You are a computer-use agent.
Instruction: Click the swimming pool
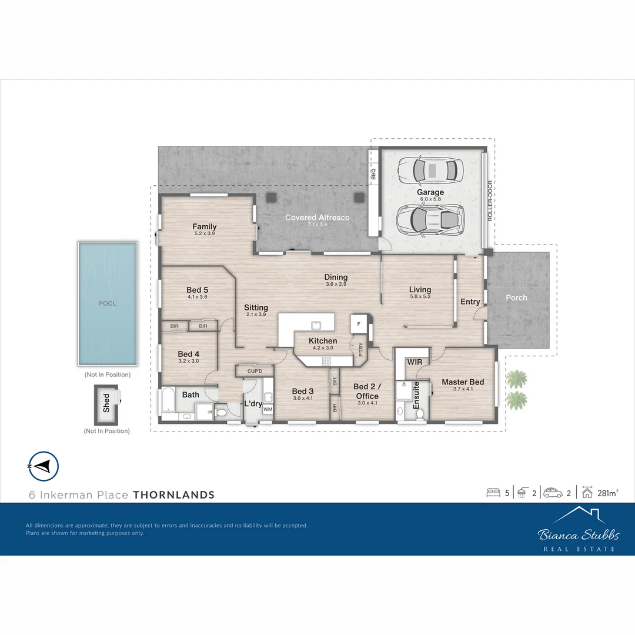tap(108, 303)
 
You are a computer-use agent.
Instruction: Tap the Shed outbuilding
tap(106, 404)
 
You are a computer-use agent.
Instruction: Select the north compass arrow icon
tap(43, 466)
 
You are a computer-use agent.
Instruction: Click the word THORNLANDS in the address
tap(173, 495)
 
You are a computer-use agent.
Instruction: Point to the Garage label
tap(430, 192)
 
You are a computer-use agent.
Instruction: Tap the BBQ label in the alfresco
tap(373, 175)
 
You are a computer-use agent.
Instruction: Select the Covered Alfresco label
tap(317, 218)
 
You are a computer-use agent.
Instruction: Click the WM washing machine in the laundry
tap(268, 409)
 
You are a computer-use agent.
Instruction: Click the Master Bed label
tap(463, 382)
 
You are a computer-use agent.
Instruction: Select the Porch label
tap(516, 298)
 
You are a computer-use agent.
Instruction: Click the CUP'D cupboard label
tap(255, 371)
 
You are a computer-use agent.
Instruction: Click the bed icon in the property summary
tap(493, 493)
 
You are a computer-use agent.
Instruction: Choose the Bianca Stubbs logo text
tap(579, 534)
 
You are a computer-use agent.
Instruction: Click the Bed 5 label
tap(197, 290)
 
